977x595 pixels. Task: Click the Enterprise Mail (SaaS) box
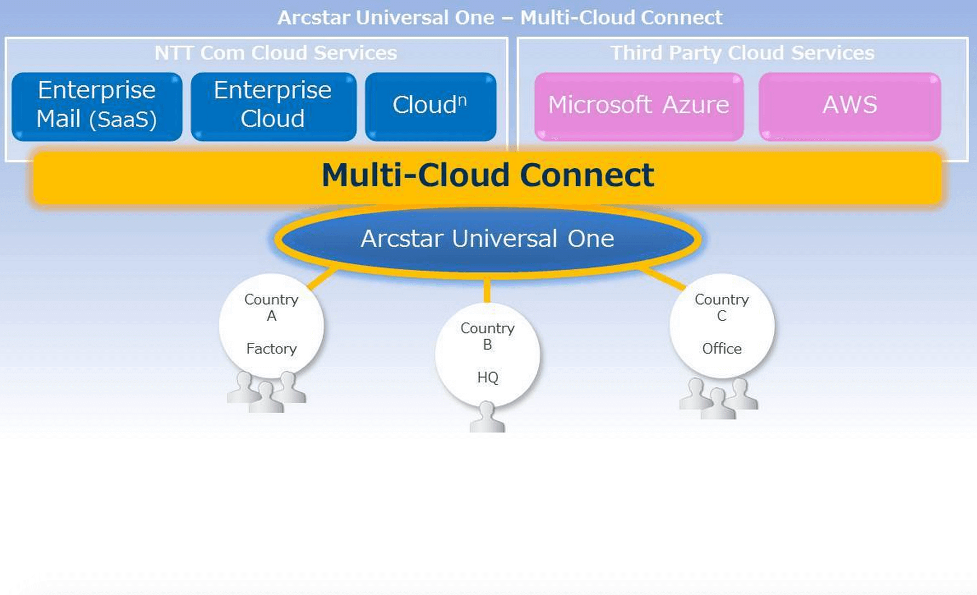96,106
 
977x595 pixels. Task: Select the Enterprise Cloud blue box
273,106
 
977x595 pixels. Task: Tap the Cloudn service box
430,106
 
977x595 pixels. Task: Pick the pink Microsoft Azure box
639,106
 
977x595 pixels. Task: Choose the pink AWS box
849,106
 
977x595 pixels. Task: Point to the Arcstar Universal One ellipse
487,239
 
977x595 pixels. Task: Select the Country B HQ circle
487,354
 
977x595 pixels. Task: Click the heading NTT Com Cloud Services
275,53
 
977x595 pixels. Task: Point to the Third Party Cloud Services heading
742,53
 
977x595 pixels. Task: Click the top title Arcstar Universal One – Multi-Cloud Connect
499,18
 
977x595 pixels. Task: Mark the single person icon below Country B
487,419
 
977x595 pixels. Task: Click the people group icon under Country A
267,393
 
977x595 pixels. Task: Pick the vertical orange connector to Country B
487,290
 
